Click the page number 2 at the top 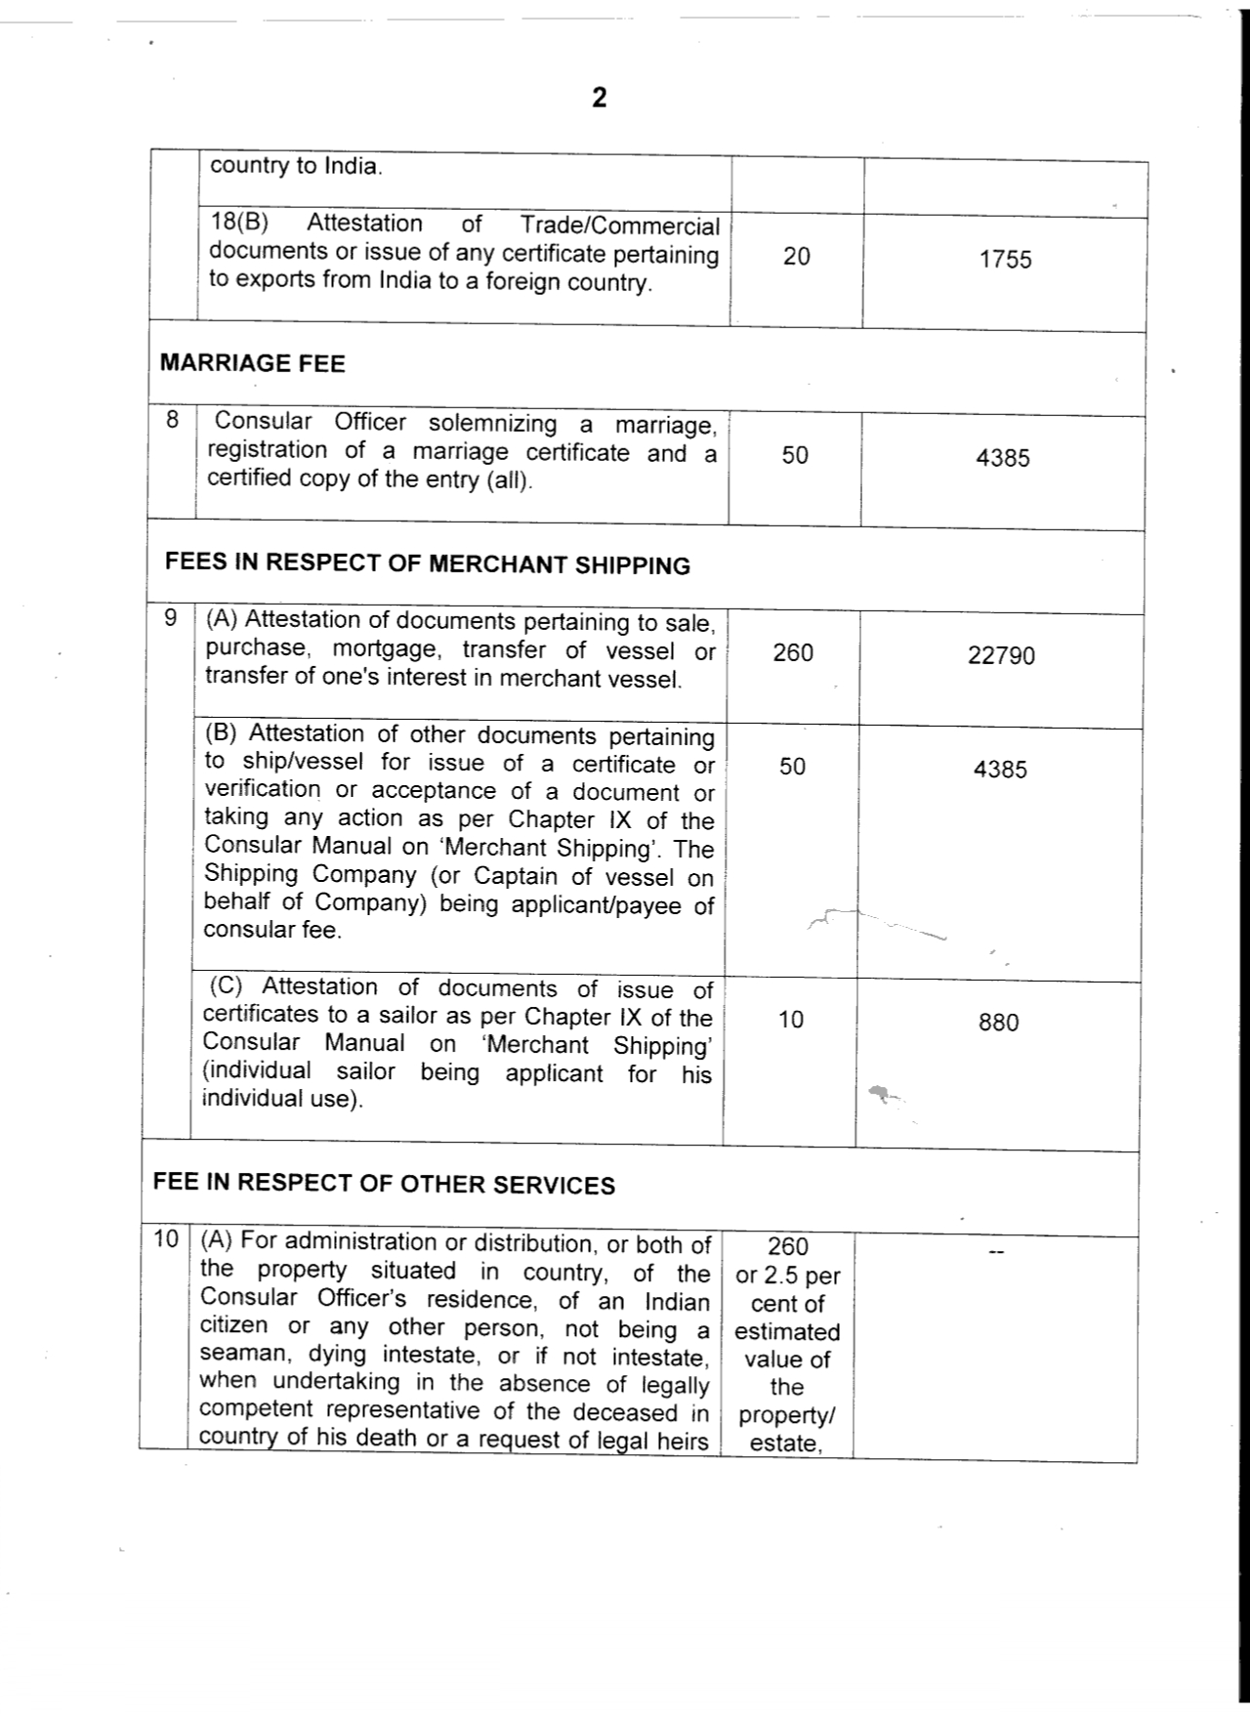tap(600, 98)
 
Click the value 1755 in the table tap(1005, 260)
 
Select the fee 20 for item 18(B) tap(796, 257)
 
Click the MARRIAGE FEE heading tap(252, 364)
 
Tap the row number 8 tap(172, 421)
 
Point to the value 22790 tap(1001, 655)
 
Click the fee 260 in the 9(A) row tap(792, 652)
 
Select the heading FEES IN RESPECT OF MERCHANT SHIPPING tap(427, 564)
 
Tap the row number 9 tap(171, 618)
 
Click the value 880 tap(998, 1023)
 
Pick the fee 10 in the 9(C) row tap(790, 1020)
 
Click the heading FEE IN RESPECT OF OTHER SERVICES tap(384, 1184)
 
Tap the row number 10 tap(166, 1239)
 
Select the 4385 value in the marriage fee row tap(1002, 458)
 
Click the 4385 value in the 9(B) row tap(1000, 770)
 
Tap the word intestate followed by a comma tap(421, 1356)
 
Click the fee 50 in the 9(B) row tap(792, 767)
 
